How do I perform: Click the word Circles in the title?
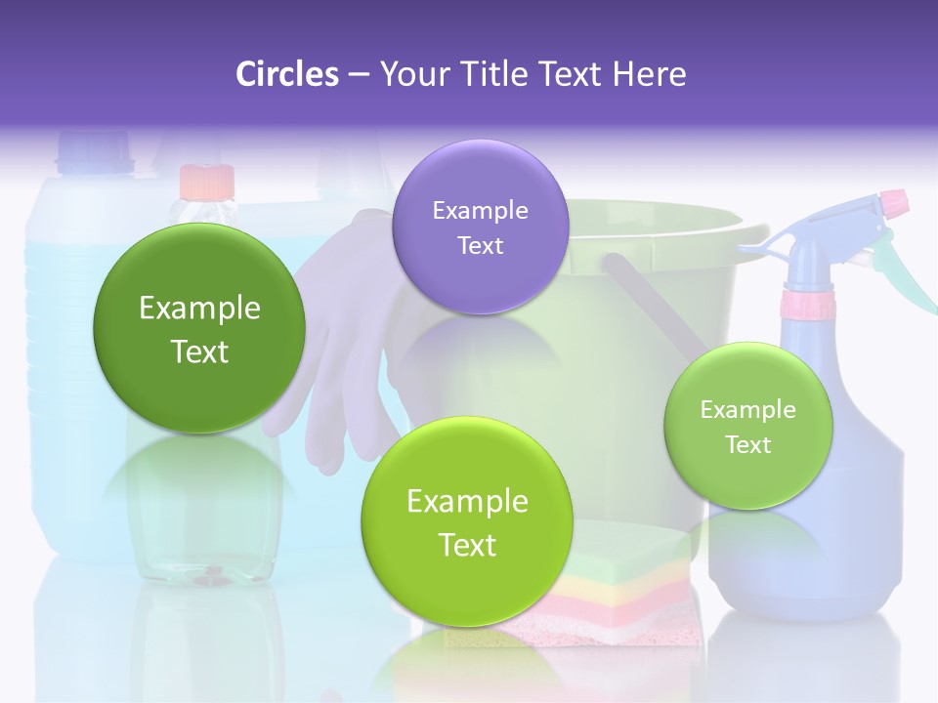286,74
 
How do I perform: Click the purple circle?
480,227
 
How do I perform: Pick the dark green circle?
198,328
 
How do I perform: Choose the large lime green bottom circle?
467,522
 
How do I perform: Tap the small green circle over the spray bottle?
747,426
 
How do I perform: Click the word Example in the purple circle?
480,210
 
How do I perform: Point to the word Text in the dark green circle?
199,351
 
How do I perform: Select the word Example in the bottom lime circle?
467,502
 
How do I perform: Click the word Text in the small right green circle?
748,445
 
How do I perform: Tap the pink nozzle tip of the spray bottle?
893,204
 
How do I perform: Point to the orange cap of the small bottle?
207,181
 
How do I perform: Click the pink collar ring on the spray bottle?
807,305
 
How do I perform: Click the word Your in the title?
411,74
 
